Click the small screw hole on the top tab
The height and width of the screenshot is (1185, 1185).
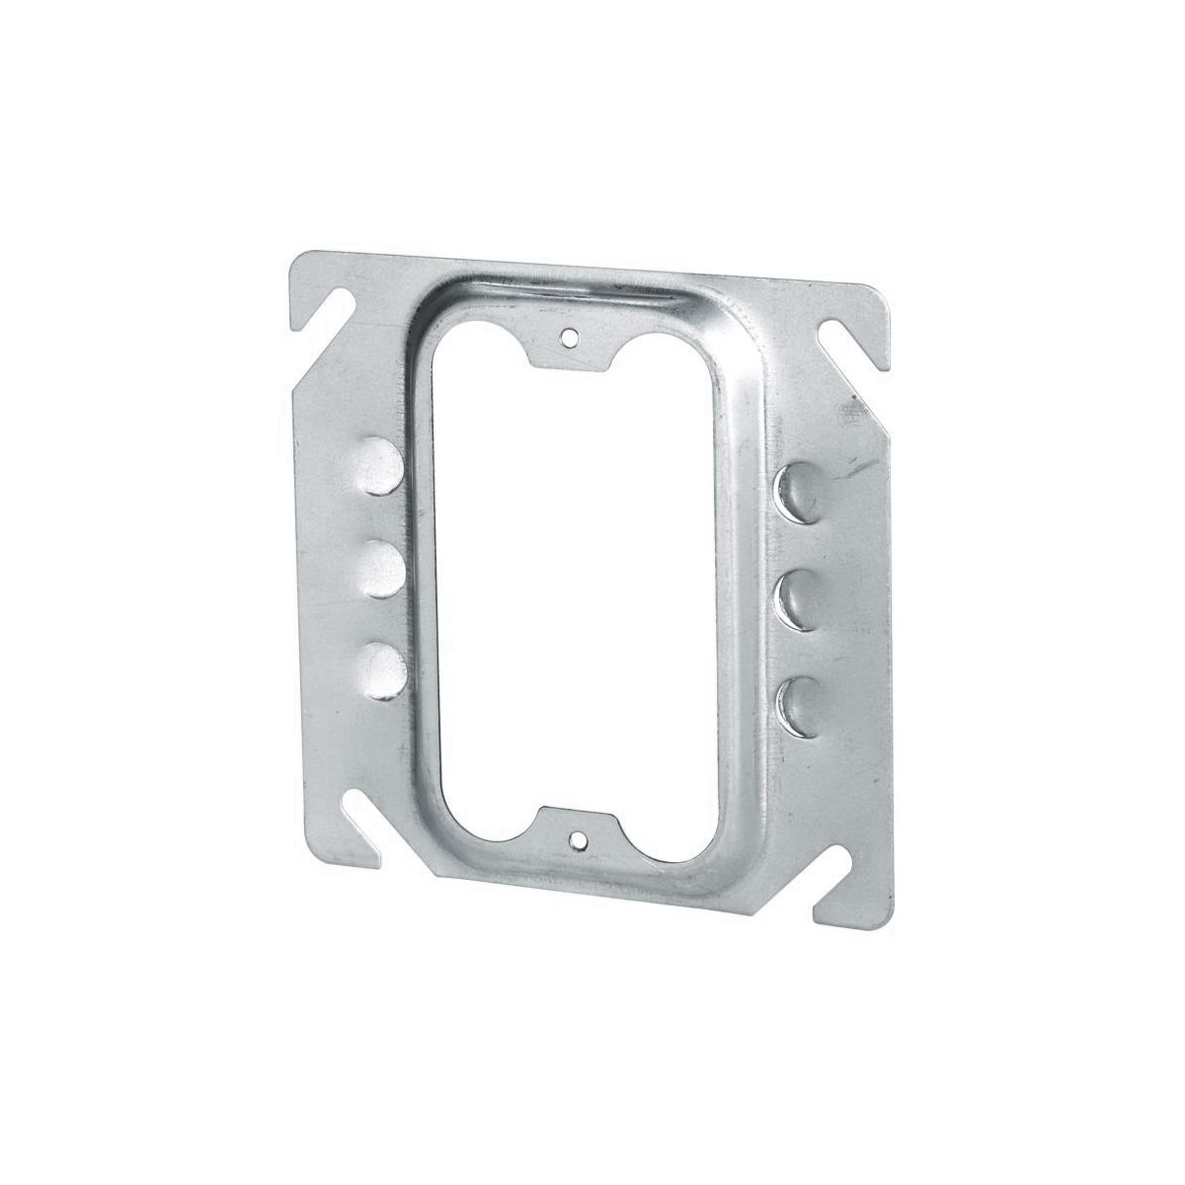[567, 337]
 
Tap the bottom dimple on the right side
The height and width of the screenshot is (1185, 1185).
[800, 704]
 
